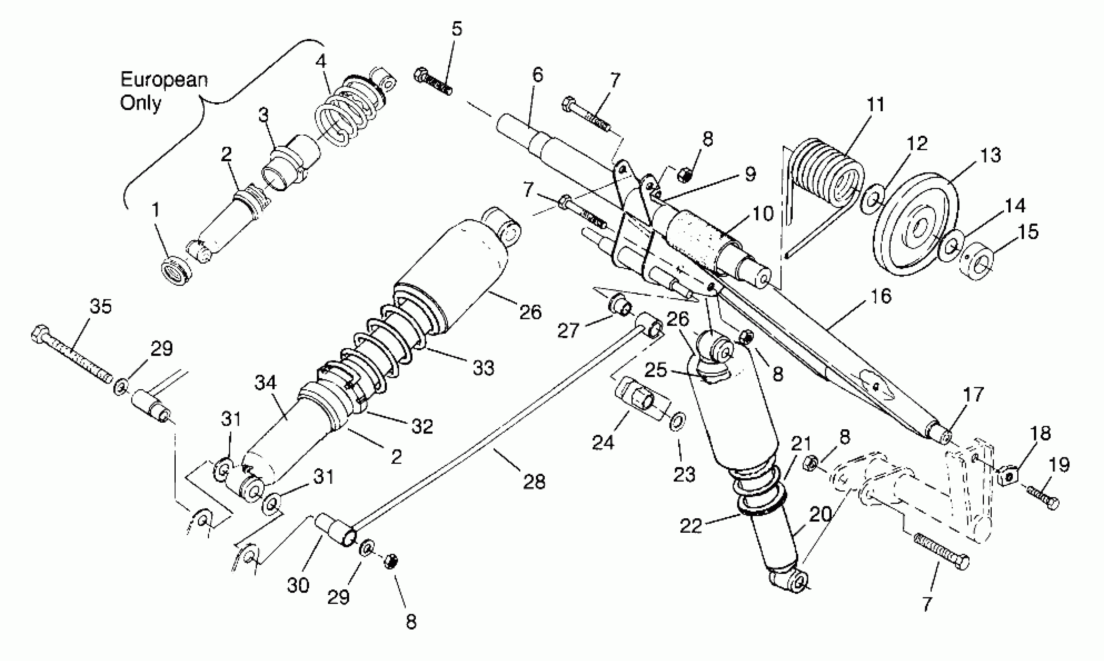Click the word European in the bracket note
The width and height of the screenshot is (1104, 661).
click(164, 80)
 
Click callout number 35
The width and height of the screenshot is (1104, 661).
click(101, 307)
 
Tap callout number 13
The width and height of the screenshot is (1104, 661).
click(991, 156)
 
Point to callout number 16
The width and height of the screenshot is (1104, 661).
click(880, 296)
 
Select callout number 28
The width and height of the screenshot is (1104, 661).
click(534, 481)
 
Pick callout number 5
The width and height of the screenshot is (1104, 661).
click(457, 28)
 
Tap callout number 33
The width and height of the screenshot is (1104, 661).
click(483, 368)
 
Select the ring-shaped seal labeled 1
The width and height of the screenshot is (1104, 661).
click(176, 270)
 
